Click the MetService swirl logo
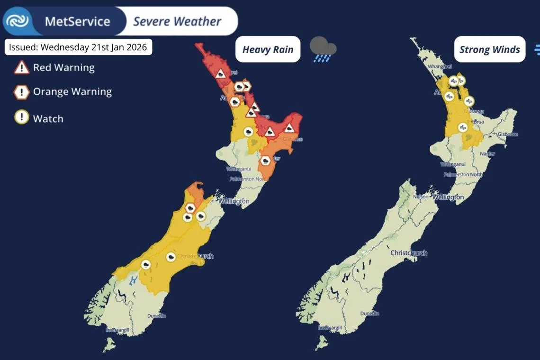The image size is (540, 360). tap(17, 21)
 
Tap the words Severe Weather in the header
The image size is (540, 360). tap(177, 21)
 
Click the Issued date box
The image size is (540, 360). tap(78, 47)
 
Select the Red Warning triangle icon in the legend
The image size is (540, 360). tap(22, 68)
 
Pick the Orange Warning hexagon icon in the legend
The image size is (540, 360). tap(22, 92)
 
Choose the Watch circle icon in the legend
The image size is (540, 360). tap(22, 118)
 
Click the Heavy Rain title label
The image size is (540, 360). tap(268, 49)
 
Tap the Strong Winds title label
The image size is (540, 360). tap(489, 49)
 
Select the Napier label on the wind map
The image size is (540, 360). tap(487, 154)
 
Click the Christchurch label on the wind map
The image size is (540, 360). tap(408, 253)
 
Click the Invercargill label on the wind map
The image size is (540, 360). tap(330, 328)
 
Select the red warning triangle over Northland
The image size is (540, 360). tap(220, 74)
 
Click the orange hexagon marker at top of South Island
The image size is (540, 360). tap(190, 207)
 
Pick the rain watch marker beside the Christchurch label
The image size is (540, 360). tap(171, 257)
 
